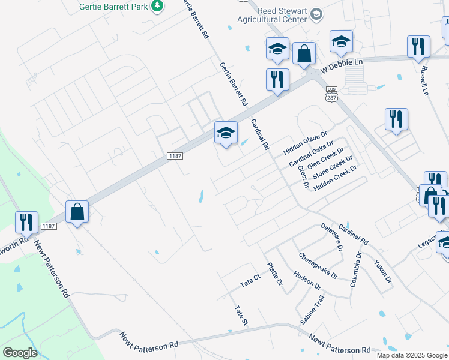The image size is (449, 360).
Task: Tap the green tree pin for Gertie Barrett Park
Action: pyautogui.click(x=157, y=5)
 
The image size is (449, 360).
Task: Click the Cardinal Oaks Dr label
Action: pyautogui.click(x=311, y=154)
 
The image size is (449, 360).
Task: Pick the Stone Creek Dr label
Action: pyautogui.click(x=334, y=168)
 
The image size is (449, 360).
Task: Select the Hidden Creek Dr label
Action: pyautogui.click(x=336, y=178)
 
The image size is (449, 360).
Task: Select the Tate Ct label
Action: pyautogui.click(x=249, y=280)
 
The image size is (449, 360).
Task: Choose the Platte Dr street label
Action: pyautogui.click(x=274, y=274)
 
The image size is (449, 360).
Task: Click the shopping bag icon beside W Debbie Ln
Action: pyautogui.click(x=304, y=53)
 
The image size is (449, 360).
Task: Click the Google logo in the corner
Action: pyautogui.click(x=20, y=353)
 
